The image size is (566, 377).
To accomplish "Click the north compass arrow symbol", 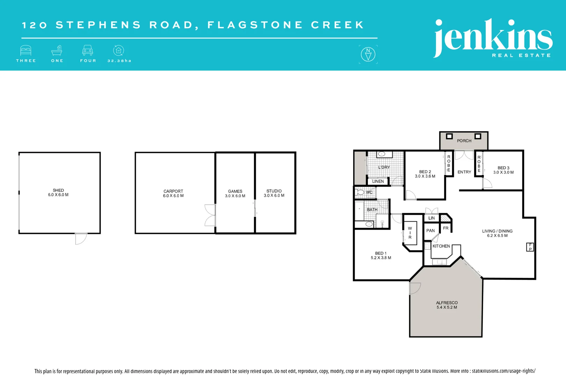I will pyautogui.click(x=368, y=54).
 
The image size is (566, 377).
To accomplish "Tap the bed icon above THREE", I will pyautogui.click(x=26, y=51).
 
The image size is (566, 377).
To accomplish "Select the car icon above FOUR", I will pyautogui.click(x=87, y=50).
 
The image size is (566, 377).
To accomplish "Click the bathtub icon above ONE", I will pyautogui.click(x=57, y=51).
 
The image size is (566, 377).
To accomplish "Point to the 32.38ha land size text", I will pyautogui.click(x=119, y=61).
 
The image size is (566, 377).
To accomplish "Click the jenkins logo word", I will pyautogui.click(x=493, y=37).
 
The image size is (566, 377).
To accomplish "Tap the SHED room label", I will pyautogui.click(x=58, y=190).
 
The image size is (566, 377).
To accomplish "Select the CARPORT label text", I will pyautogui.click(x=173, y=191).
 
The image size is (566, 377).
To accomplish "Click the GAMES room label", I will pyautogui.click(x=235, y=191).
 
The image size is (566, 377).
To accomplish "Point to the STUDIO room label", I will pyautogui.click(x=274, y=191).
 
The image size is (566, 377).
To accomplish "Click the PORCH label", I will pyautogui.click(x=464, y=141).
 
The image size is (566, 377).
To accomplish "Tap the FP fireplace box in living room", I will pyautogui.click(x=530, y=247).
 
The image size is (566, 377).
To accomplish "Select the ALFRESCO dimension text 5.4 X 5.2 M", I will pyautogui.click(x=447, y=308).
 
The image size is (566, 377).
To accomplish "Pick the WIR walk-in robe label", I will pyautogui.click(x=410, y=233).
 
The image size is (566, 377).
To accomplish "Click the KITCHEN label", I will pyautogui.click(x=441, y=246).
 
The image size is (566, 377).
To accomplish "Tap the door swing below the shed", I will pyautogui.click(x=80, y=239).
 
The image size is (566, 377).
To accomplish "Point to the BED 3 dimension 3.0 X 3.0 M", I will pyautogui.click(x=503, y=172).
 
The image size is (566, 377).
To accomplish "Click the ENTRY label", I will pyautogui.click(x=464, y=172).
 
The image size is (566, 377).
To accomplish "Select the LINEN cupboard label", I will pyautogui.click(x=378, y=182).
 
